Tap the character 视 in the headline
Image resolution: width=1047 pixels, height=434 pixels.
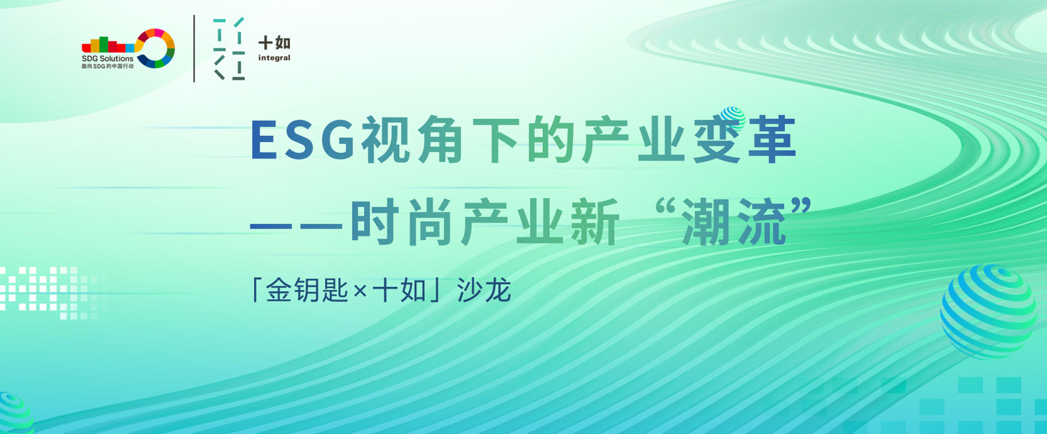386,140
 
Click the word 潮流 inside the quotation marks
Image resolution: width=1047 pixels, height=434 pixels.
734,222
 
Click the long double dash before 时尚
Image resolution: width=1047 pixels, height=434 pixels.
295,226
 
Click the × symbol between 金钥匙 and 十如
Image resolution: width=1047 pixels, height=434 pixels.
360,291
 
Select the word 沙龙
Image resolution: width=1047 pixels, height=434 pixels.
484,290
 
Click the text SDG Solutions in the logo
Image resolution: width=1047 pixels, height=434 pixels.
107,59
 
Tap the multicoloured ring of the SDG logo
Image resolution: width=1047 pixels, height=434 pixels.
156,48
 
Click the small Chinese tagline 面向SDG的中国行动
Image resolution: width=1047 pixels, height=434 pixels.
107,66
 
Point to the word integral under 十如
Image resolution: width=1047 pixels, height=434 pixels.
274,58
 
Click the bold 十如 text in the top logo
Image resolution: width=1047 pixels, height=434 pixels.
274,43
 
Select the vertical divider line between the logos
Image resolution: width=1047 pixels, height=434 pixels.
194,48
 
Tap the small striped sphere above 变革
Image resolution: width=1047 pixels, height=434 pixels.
733,118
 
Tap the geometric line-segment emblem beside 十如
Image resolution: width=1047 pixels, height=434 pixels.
229,49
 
